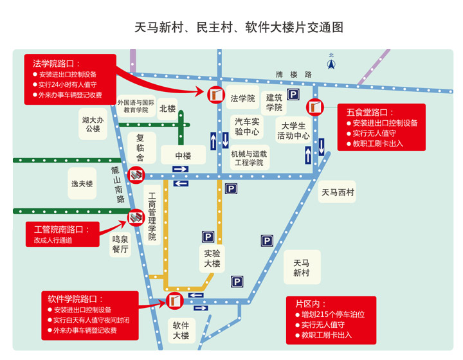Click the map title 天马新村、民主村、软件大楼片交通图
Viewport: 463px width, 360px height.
tap(239, 27)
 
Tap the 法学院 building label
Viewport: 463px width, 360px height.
tap(243, 98)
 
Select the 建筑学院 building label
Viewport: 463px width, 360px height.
tap(275, 103)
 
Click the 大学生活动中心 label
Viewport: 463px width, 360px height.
tap(293, 130)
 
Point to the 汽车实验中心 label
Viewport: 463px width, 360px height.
tap(247, 127)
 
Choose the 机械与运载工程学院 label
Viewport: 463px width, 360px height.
tap(249, 158)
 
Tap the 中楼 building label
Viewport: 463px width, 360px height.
tap(184, 156)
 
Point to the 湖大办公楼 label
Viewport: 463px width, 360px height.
tap(93, 124)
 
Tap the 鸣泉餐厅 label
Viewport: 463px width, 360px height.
tap(120, 244)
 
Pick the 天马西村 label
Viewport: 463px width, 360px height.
tap(338, 192)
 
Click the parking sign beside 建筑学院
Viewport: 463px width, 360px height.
tap(293, 95)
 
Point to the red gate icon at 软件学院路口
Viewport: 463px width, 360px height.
tap(174, 300)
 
